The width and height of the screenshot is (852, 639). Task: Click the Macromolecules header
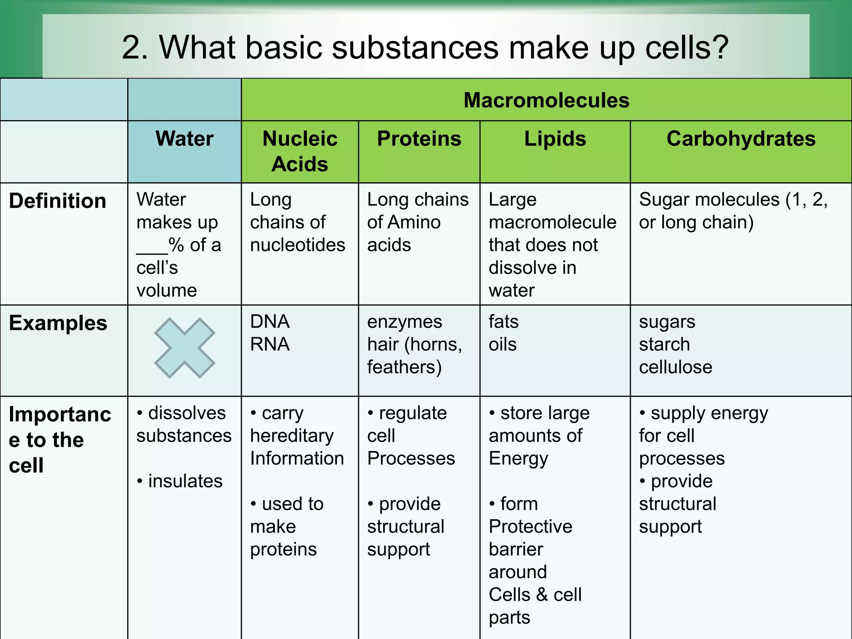[x=546, y=100]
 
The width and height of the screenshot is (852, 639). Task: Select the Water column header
[x=184, y=139]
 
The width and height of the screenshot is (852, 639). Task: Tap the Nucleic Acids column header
[x=300, y=151]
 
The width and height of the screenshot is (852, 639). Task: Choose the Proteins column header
[x=419, y=139]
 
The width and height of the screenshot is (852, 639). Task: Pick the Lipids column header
[x=555, y=139]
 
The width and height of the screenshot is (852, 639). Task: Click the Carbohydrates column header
[x=741, y=139]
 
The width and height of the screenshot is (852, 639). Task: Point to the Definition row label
[x=57, y=201]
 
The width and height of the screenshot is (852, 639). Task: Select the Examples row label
[x=58, y=323]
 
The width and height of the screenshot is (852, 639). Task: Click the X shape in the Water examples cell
[x=184, y=348]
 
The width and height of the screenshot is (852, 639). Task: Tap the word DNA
[x=270, y=322]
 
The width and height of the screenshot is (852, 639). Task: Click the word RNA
[x=270, y=344]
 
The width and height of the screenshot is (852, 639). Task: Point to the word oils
[x=502, y=344]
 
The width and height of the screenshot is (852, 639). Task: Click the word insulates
[x=185, y=481]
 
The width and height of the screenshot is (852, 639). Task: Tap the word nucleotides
[x=297, y=245]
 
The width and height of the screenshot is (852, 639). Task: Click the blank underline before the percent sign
[x=152, y=252]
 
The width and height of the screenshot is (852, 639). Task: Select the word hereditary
[x=292, y=436]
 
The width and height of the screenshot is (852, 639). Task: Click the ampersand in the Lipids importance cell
[x=541, y=594]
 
